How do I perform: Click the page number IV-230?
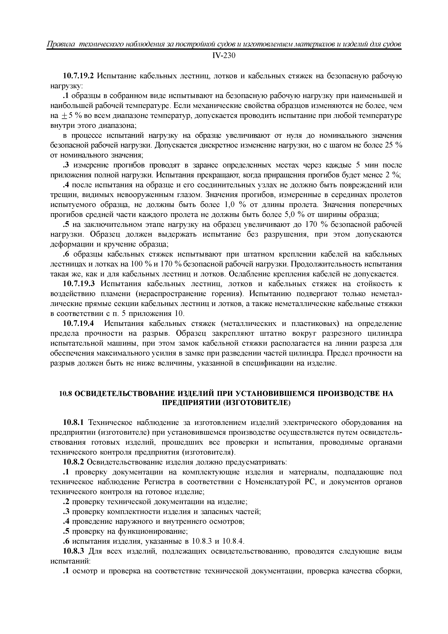pos(224,56)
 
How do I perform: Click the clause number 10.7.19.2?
pos(79,76)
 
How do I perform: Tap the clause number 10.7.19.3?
pos(79,284)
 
